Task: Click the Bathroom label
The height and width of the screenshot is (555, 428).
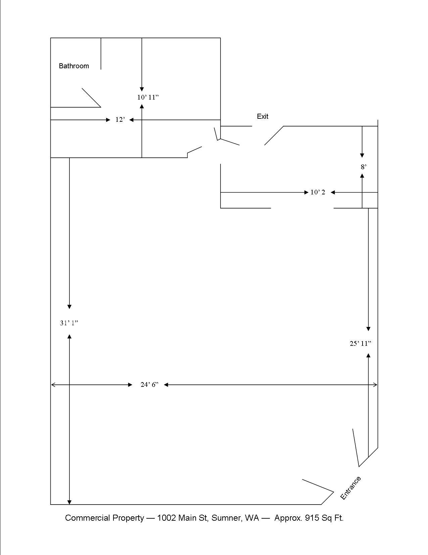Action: pos(74,66)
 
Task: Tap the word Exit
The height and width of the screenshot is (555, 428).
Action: pos(263,116)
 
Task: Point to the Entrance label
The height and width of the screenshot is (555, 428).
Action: pos(350,488)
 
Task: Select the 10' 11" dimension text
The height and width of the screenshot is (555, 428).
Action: pos(148,97)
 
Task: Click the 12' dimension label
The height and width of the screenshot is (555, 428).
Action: pos(120,120)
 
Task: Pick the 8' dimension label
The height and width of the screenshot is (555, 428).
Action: pos(364,166)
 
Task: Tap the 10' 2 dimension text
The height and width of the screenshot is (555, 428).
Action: pos(318,192)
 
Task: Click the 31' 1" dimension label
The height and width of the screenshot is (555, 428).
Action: pos(69,323)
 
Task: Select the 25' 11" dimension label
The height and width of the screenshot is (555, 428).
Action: pos(361,343)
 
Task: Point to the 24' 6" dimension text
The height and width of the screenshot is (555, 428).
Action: pos(149,384)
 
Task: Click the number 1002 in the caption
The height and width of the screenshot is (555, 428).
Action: pos(167,518)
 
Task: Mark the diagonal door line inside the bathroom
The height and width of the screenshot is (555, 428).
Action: pos(91,98)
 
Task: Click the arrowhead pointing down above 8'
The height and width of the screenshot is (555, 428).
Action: pos(362,155)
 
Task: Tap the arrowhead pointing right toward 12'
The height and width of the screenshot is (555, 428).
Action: pos(108,120)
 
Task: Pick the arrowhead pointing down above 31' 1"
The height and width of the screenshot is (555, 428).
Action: pos(69,306)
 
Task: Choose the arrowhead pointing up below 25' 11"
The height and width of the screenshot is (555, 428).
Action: pos(368,356)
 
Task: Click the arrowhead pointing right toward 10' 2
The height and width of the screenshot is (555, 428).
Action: pos(306,192)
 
